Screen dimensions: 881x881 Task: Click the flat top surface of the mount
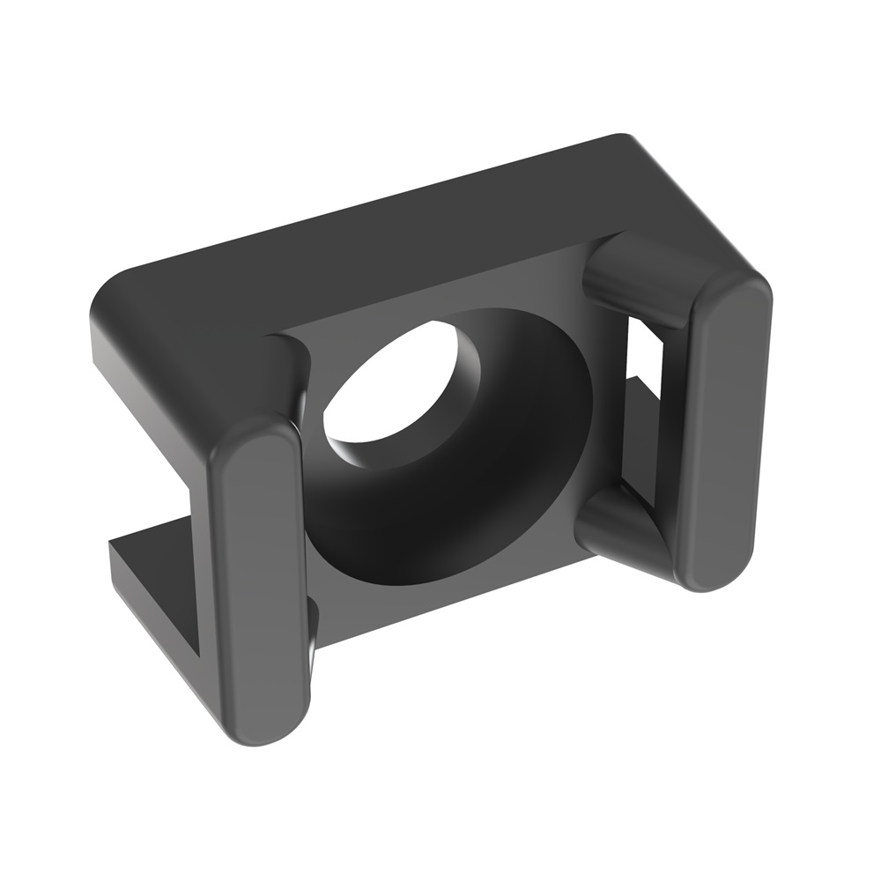396,229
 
